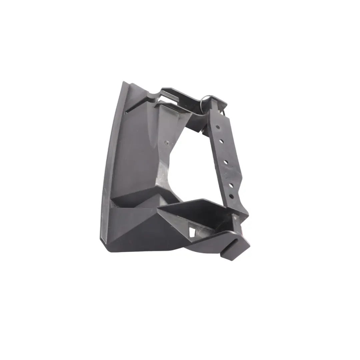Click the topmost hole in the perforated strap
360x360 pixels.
(217, 127)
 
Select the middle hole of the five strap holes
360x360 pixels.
(226, 162)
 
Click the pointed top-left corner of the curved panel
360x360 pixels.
(124, 82)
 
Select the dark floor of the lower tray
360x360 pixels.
(197, 213)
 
